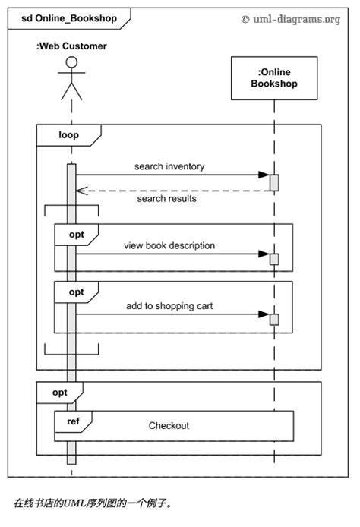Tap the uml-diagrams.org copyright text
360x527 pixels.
[291, 18]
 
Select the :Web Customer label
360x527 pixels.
[71, 46]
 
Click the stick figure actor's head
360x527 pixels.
[71, 63]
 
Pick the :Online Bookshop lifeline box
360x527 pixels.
[274, 79]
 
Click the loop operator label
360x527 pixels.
[68, 135]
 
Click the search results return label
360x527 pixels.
[166, 199]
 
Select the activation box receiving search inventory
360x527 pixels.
[274, 182]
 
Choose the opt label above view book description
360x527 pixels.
[77, 234]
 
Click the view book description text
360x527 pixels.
[169, 245]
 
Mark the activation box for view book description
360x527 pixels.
[274, 259]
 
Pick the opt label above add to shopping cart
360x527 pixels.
[77, 292]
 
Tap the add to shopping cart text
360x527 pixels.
[169, 306]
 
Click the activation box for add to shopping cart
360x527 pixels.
[274, 319]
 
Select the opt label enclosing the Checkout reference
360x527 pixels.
[59, 393]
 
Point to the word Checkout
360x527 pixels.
[169, 426]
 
